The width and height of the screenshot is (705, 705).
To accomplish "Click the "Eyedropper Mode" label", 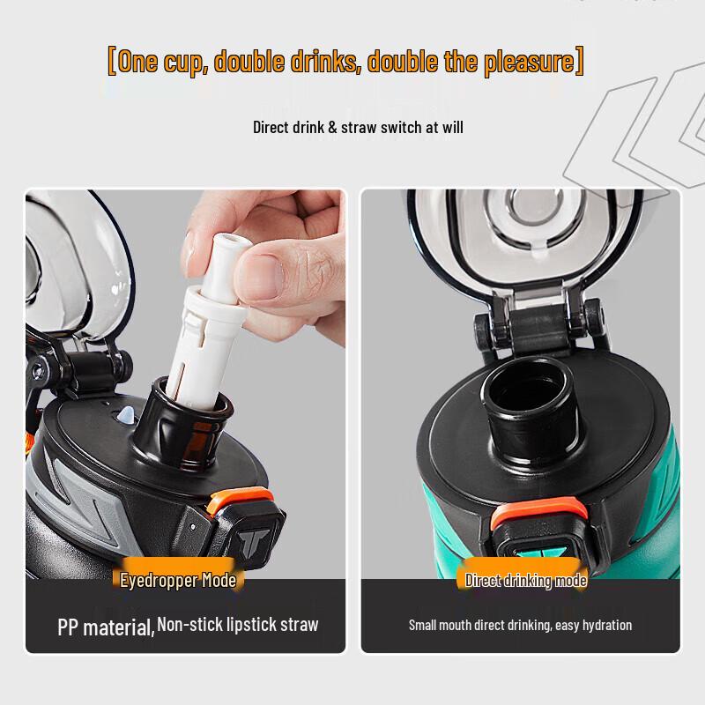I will pyautogui.click(x=179, y=580).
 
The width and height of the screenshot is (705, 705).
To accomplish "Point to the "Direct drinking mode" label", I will pyautogui.click(x=526, y=580).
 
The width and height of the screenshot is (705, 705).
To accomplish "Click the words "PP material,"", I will pyautogui.click(x=106, y=627).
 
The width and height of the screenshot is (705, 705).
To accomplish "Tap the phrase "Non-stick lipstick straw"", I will pyautogui.click(x=238, y=625).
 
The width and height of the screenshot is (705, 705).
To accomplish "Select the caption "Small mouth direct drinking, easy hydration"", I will pyautogui.click(x=520, y=625).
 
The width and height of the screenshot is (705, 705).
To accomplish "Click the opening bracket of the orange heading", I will pyautogui.click(x=112, y=62).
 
